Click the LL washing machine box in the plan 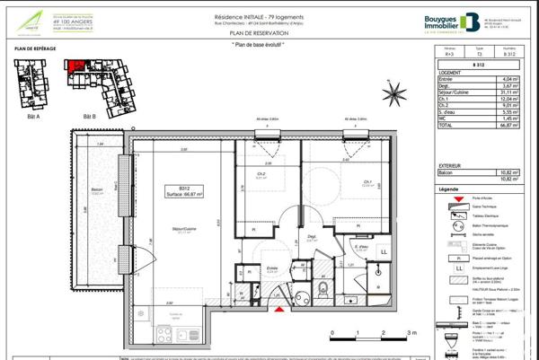[384, 253]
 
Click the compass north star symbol [392, 92]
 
